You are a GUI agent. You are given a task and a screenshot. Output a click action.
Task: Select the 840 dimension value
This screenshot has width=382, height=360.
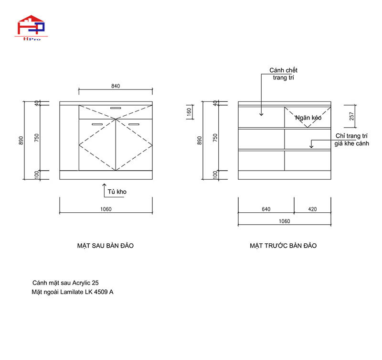pos(116,86)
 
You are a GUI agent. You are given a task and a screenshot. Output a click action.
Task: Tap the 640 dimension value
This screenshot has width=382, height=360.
pos(266,209)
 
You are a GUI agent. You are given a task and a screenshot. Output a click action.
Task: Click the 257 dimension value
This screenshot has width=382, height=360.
pos(352,116)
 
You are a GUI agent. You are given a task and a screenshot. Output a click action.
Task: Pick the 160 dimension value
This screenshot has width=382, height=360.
pos(189,111)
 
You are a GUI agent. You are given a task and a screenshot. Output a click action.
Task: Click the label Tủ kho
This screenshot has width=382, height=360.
pos(117,192)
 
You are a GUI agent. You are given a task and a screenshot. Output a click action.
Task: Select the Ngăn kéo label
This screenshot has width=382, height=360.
pos(308,117)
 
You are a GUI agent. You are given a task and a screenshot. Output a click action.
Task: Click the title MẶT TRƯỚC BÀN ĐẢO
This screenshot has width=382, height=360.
pos(283,246)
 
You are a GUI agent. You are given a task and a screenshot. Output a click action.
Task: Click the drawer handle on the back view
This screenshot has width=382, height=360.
pos(116,108)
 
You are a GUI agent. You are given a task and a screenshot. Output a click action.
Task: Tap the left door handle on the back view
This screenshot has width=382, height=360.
pos(97,124)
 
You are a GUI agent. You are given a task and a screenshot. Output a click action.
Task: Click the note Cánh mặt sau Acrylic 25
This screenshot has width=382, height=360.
pos(65,283)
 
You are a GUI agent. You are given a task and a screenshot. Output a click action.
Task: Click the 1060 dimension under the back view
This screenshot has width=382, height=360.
pos(106,209)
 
